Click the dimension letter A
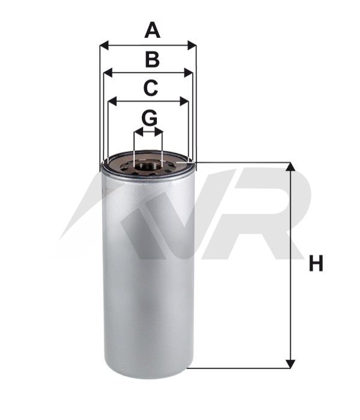tap(152, 30)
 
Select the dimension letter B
tap(152, 59)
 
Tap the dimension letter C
tap(150, 88)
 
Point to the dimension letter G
tap(149, 118)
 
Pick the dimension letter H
tap(316, 263)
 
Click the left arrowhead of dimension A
tap(104, 46)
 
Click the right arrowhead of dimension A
tap(192, 46)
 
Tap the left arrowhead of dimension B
tap(108, 73)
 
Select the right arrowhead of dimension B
tap(188, 73)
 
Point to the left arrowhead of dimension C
tap(112, 102)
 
